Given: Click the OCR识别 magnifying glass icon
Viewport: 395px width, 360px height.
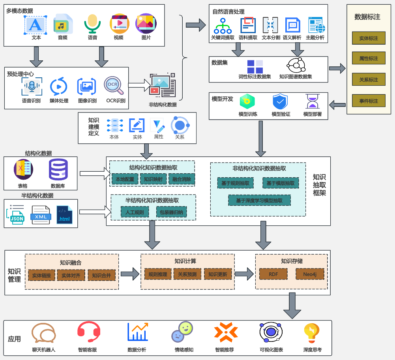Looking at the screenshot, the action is pyautogui.click(x=114, y=85).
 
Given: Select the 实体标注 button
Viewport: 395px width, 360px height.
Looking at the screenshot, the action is pyautogui.click(x=369, y=38).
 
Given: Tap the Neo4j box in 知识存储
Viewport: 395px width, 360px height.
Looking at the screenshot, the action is pyautogui.click(x=310, y=274).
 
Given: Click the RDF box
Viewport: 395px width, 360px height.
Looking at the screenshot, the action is pyautogui.click(x=273, y=274).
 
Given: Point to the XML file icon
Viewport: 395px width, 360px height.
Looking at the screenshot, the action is pyautogui.click(x=41, y=215).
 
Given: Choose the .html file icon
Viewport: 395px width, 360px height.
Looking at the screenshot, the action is pyautogui.click(x=64, y=215).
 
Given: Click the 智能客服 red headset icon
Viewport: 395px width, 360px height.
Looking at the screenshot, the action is pyautogui.click(x=89, y=332).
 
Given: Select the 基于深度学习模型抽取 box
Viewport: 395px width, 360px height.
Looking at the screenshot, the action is pyautogui.click(x=260, y=200).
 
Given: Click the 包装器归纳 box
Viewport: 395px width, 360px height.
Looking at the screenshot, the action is pyautogui.click(x=171, y=212).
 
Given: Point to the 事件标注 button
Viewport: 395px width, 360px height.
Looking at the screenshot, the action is pyautogui.click(x=369, y=101).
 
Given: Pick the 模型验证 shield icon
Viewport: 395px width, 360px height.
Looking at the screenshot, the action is pyautogui.click(x=280, y=101).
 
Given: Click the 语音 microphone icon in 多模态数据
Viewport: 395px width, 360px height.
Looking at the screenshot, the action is pyautogui.click(x=92, y=24).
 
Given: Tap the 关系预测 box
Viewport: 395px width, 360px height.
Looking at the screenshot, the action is pyautogui.click(x=187, y=274).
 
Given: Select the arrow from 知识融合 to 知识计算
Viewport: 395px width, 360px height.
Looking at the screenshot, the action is pyautogui.click(x=130, y=274).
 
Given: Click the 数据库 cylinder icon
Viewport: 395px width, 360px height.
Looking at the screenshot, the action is pyautogui.click(x=58, y=169).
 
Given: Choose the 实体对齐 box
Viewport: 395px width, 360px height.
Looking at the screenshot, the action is pyautogui.click(x=71, y=275).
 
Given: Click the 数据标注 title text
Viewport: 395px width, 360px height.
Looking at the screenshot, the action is pyautogui.click(x=367, y=17).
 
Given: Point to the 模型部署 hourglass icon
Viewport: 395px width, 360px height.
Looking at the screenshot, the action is pyautogui.click(x=313, y=101).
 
